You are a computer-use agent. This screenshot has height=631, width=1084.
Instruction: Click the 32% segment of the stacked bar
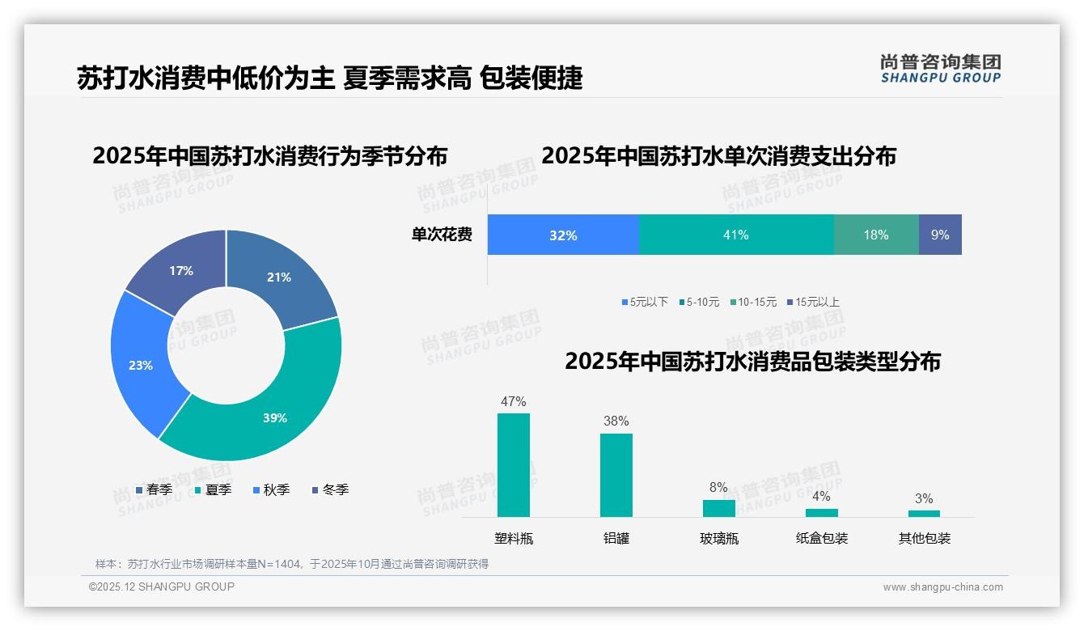(x=563, y=235)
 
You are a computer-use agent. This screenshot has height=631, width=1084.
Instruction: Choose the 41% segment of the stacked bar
(x=735, y=235)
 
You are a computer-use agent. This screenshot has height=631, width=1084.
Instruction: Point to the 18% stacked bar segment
(x=875, y=235)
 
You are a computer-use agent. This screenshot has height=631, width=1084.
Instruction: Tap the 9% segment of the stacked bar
(x=939, y=235)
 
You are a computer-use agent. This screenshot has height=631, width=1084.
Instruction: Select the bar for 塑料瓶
(x=513, y=465)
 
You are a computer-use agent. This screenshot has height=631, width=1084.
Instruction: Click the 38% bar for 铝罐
(x=616, y=475)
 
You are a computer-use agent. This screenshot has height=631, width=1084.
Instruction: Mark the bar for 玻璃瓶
(x=718, y=508)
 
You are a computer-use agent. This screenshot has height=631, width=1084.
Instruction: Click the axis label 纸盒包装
(x=821, y=538)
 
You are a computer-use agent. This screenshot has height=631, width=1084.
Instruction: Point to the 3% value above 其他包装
(x=924, y=498)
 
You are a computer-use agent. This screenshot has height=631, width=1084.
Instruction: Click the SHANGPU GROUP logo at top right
(x=940, y=68)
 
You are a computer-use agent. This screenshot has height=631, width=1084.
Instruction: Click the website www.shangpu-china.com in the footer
(x=942, y=587)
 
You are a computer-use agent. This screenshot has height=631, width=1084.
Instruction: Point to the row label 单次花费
(x=441, y=235)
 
